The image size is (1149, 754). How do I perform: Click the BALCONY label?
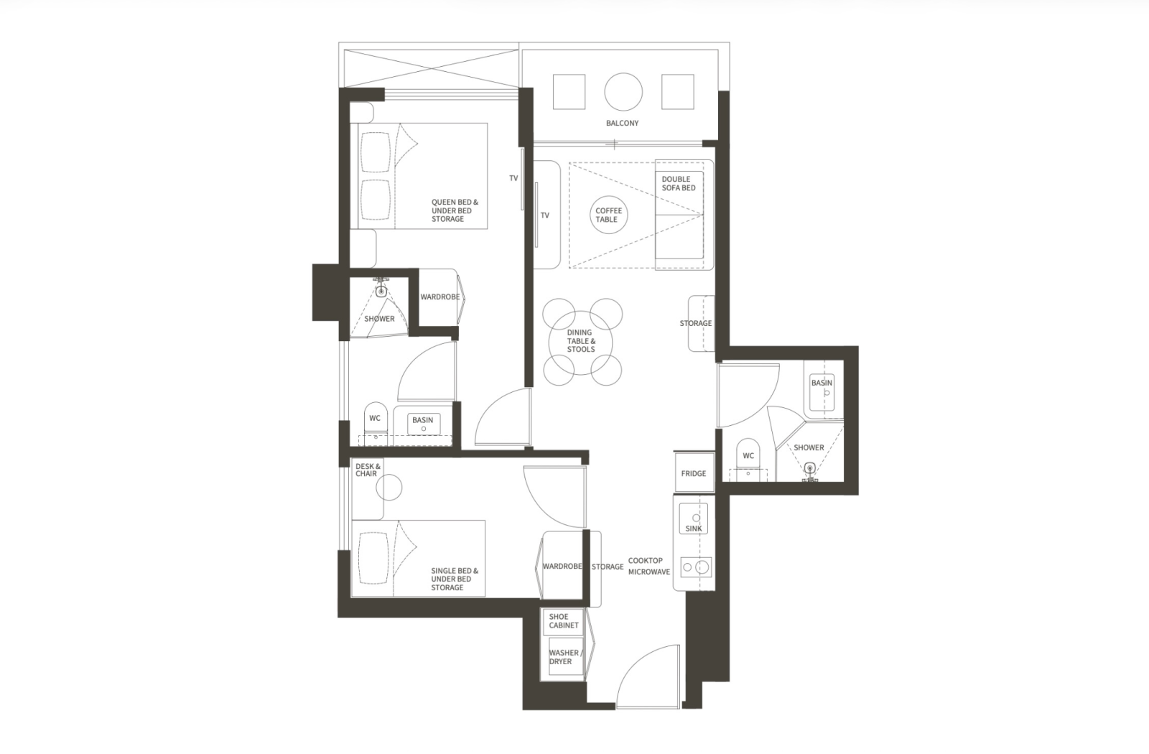click(x=622, y=123)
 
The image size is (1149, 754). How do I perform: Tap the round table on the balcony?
click(x=623, y=93)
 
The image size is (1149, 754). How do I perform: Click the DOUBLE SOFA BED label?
click(x=678, y=184)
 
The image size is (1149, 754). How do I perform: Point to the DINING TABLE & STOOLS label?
click(x=581, y=341)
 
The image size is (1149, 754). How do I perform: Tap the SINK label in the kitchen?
click(x=694, y=529)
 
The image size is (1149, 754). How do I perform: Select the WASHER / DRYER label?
click(x=564, y=657)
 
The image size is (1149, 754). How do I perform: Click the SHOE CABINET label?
click(x=563, y=621)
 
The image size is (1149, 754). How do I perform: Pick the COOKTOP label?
click(x=646, y=561)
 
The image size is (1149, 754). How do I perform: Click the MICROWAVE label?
click(x=649, y=572)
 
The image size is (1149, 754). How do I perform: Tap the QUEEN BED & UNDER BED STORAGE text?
click(x=455, y=211)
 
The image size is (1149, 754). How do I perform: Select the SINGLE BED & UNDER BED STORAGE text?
click(x=455, y=579)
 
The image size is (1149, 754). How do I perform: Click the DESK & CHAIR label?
click(x=368, y=470)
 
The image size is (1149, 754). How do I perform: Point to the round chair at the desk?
click(x=389, y=488)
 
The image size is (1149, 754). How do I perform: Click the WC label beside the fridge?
click(x=748, y=455)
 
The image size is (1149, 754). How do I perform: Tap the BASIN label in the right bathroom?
click(x=822, y=383)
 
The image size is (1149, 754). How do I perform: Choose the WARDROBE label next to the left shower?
click(x=439, y=297)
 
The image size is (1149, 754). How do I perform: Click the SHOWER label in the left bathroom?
click(x=379, y=319)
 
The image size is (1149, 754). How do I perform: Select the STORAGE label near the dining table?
click(x=696, y=323)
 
